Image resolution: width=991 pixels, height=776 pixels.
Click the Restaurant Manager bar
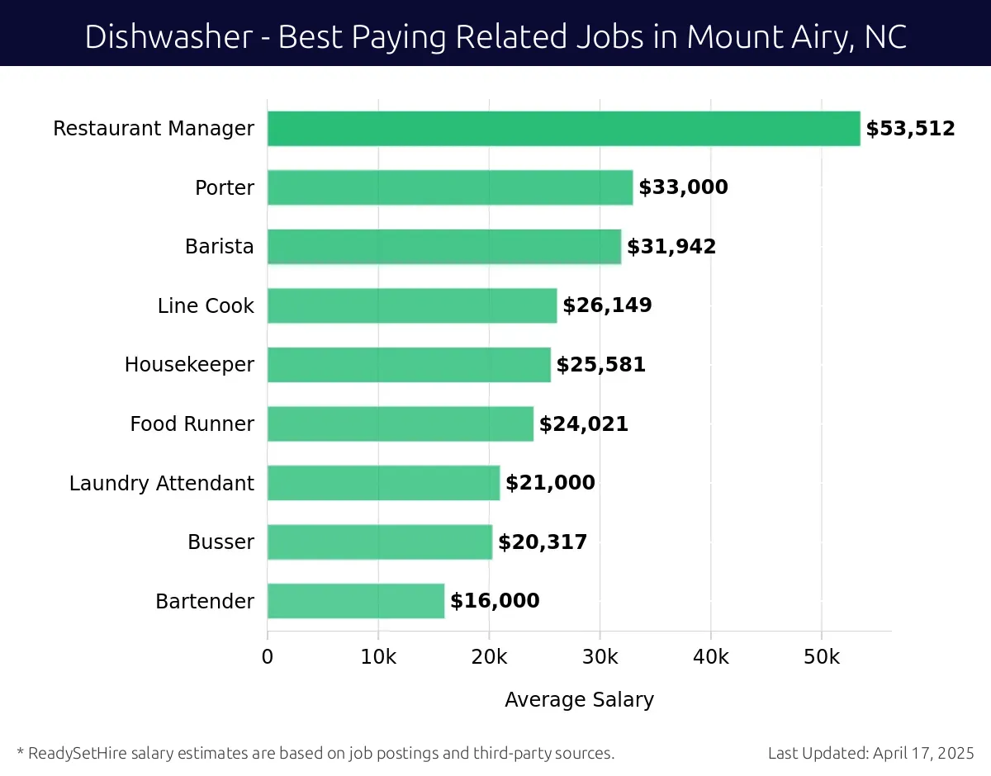pos(563,129)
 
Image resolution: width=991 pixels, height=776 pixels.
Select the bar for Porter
pos(450,187)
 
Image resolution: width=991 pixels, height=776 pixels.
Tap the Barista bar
pos(444,247)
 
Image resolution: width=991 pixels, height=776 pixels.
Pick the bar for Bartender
pos(356,601)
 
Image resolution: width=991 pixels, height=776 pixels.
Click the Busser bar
pos(380,542)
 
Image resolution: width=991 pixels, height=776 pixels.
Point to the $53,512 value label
pos(910,129)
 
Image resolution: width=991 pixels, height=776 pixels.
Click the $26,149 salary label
pos(607,305)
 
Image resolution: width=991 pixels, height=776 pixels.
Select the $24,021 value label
pos(584,424)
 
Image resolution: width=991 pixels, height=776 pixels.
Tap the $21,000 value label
pos(550,483)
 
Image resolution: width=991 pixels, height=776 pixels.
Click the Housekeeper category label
pos(189,364)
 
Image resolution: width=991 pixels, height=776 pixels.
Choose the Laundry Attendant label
pos(162,483)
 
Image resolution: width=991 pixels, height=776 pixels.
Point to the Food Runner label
pos(192,424)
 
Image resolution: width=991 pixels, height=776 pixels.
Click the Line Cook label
pos(206,305)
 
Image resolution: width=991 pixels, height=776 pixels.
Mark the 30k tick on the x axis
pos(600,657)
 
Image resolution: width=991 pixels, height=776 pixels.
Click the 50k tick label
pos(822,657)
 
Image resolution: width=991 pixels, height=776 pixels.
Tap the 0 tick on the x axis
pos(268,657)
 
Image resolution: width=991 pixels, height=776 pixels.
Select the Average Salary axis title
pos(579,700)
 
